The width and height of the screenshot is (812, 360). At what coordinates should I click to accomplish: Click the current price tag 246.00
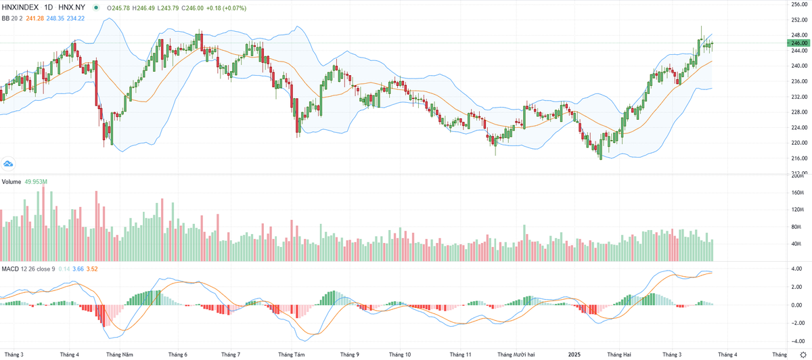800,43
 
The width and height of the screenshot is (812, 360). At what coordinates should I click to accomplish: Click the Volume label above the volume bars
10,183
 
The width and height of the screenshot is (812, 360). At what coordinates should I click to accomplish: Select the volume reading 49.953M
38,183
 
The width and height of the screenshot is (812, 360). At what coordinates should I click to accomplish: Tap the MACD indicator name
10,269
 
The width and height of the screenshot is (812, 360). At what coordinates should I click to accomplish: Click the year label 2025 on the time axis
574,354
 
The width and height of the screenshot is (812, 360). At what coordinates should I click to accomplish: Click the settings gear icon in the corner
803,354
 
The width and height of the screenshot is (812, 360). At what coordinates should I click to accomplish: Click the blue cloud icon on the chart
9,163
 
